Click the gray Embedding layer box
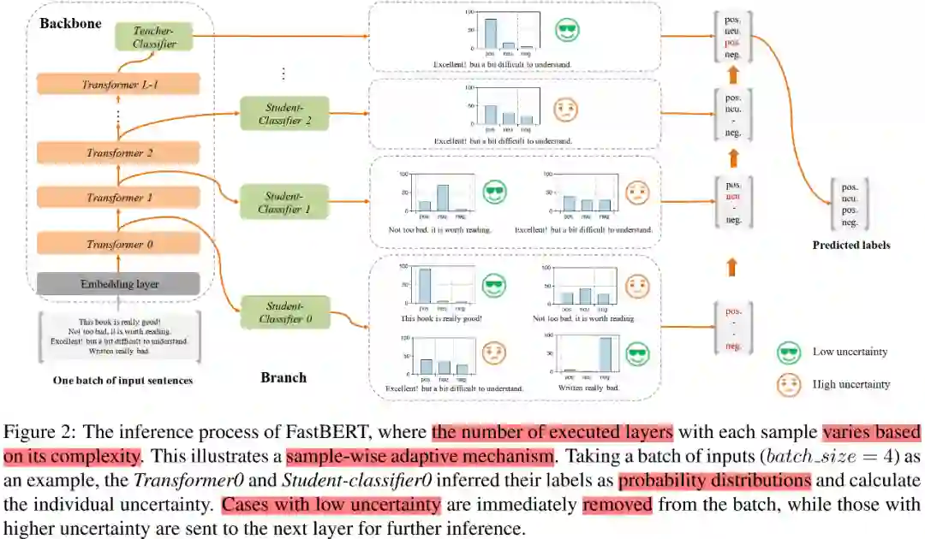(119, 284)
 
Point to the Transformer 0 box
(119, 245)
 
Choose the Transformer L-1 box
(119, 84)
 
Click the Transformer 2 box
(119, 153)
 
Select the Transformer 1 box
(119, 198)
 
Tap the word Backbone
(70, 22)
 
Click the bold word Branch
(283, 377)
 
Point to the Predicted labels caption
(850, 246)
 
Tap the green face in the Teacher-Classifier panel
(566, 31)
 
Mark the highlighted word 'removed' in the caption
(617, 505)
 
